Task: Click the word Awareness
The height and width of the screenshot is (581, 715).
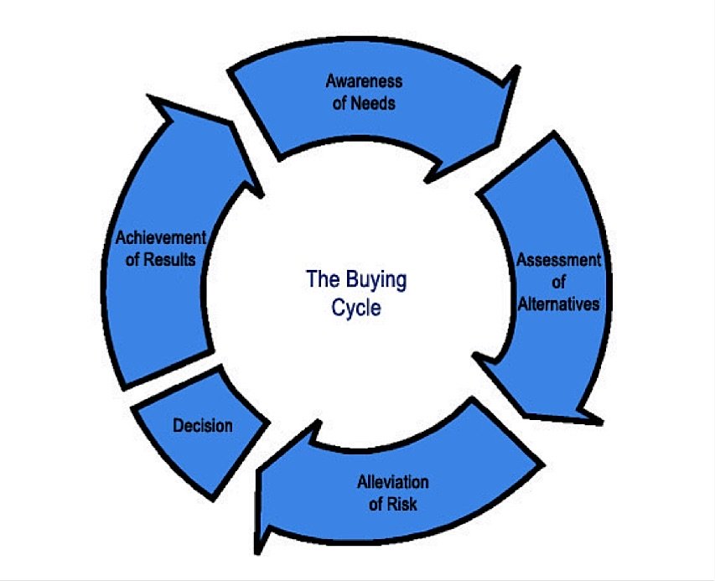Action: [364, 81]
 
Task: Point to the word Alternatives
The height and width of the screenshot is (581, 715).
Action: [558, 304]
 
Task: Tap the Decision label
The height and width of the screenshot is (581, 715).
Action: [203, 426]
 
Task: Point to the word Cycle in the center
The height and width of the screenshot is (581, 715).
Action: [356, 308]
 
